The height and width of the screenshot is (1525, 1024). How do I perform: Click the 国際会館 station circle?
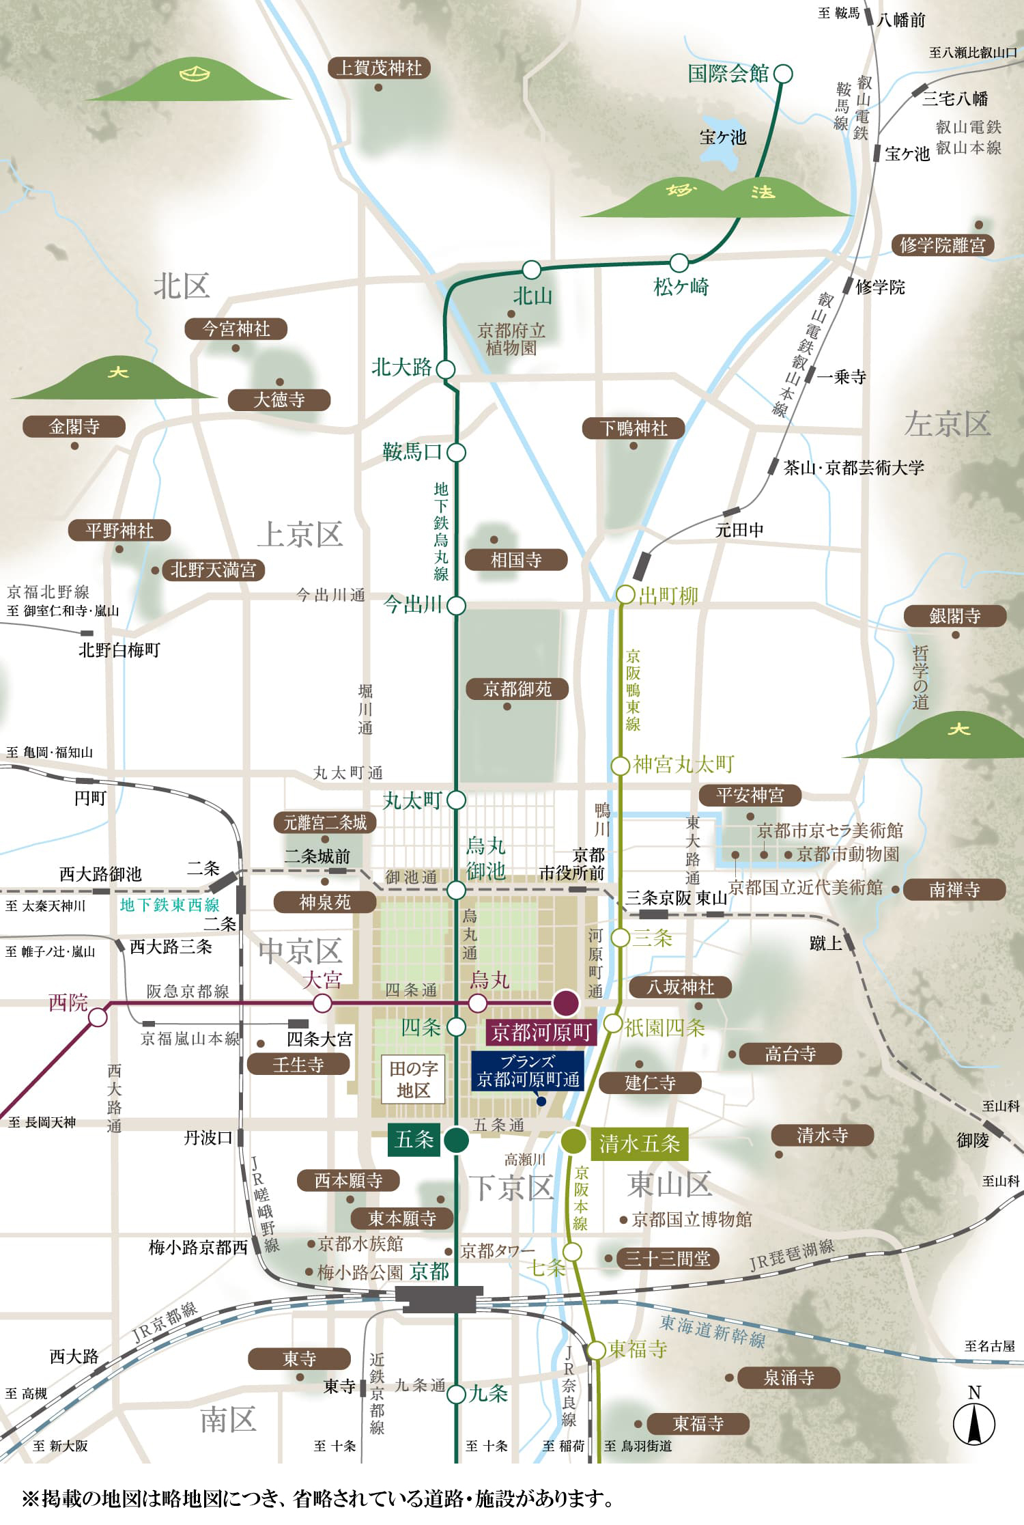point(784,73)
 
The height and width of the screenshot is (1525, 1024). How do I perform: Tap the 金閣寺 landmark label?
point(74,427)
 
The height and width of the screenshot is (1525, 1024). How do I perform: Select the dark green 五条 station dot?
point(456,1140)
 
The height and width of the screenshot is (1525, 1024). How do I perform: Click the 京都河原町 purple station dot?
point(566,1003)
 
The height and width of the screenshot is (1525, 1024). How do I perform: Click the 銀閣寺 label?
point(954,616)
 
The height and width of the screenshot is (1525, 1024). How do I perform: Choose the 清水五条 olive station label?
point(639,1143)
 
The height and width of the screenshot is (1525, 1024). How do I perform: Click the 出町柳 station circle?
point(625,595)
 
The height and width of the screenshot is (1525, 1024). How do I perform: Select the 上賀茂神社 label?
point(379,68)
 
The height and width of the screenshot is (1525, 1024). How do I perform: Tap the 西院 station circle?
point(98,1018)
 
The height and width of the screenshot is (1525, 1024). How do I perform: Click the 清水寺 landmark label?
point(822,1135)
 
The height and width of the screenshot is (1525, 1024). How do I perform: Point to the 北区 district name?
point(181,285)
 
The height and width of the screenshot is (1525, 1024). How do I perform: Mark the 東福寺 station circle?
point(597,1349)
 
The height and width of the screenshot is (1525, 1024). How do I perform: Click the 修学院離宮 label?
point(942,244)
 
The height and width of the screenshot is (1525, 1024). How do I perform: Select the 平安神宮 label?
point(750,795)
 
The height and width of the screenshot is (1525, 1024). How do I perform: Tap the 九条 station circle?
point(456,1394)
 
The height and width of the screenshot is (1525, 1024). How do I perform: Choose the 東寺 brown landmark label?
point(299,1359)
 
